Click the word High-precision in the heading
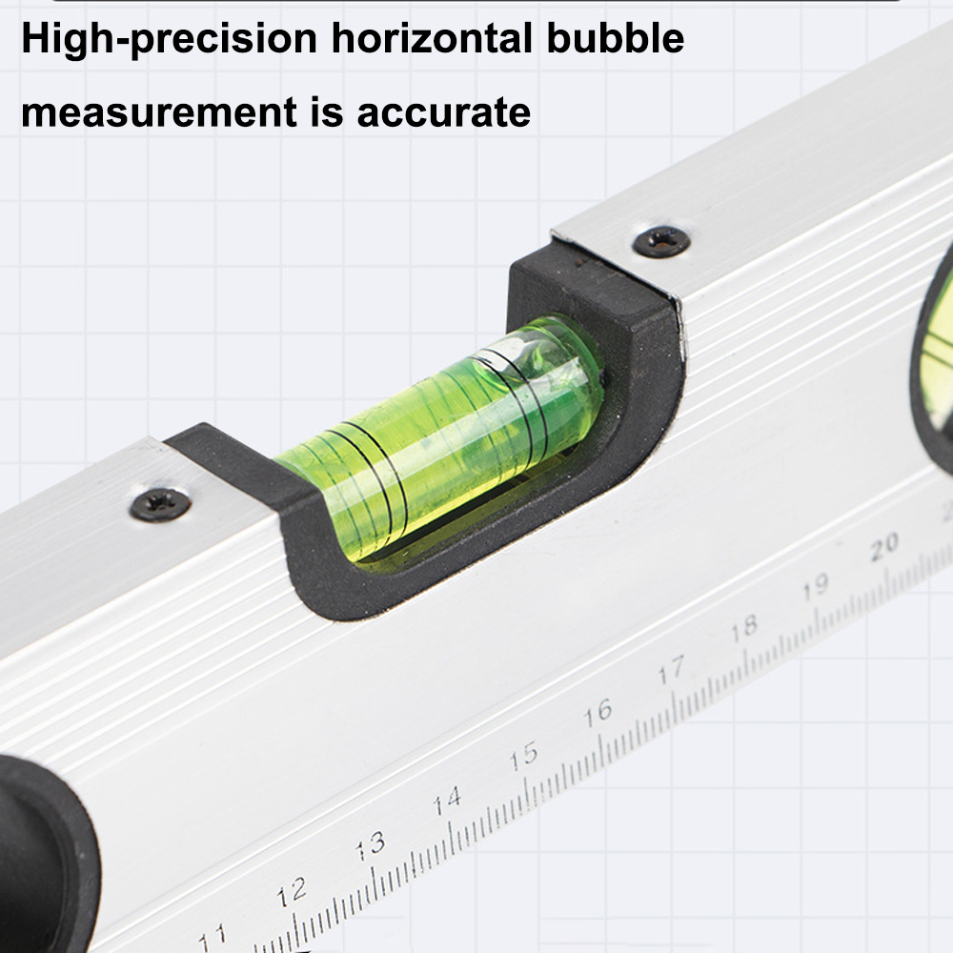(170, 40)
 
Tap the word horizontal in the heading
(432, 38)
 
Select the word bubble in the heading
(615, 38)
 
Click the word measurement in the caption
(159, 112)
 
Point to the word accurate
(444, 113)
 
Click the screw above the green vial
(661, 241)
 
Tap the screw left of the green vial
(160, 504)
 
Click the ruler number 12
(292, 892)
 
